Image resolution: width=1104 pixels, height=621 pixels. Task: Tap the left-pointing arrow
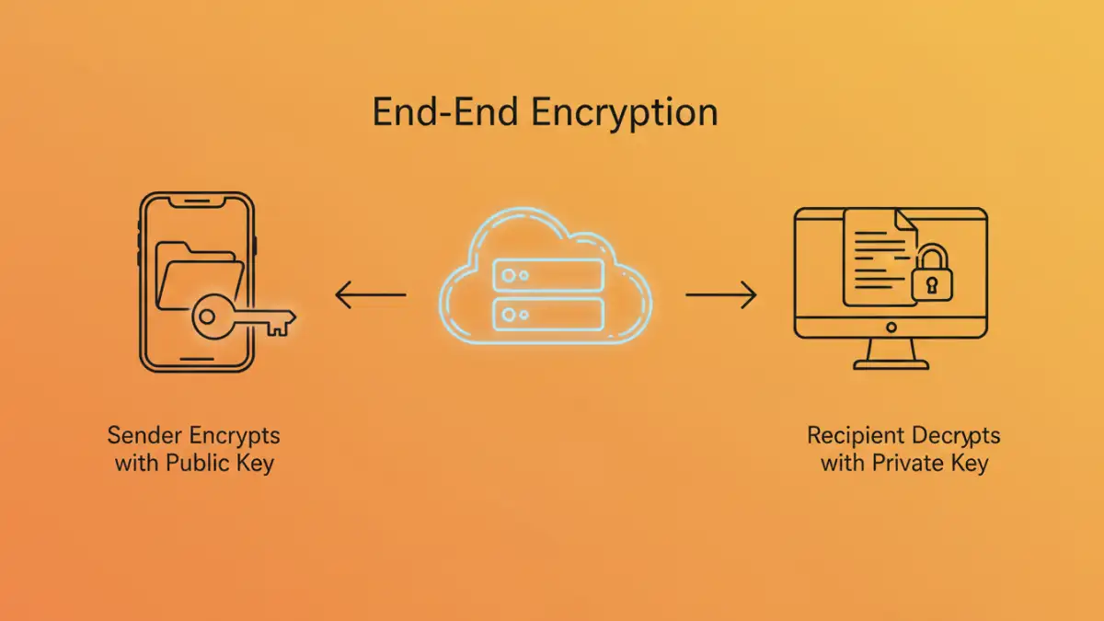[x=370, y=295]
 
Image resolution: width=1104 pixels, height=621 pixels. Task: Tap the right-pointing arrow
[x=721, y=295]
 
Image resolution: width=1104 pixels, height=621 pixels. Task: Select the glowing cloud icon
[x=546, y=275]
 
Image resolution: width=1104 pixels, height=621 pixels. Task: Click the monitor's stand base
[x=891, y=363]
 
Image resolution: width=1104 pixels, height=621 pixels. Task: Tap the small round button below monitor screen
[x=891, y=328]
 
